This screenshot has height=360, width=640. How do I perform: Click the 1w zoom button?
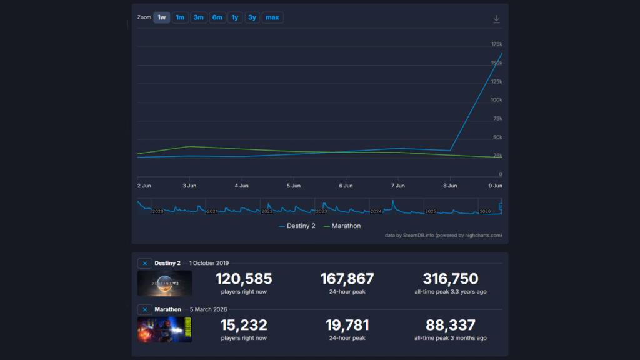point(162,17)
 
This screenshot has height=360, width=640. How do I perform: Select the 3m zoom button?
point(198,17)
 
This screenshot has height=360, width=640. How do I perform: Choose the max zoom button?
point(272,17)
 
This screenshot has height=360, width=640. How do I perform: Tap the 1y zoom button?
point(235,17)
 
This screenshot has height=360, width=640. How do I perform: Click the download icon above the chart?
point(496,19)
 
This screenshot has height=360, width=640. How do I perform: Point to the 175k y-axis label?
point(496,44)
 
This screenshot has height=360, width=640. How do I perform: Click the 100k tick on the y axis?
point(496,100)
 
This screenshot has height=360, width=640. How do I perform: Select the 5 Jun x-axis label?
point(294,186)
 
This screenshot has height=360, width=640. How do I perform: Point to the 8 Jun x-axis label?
point(450,186)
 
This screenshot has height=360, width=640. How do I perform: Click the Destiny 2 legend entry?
point(297,226)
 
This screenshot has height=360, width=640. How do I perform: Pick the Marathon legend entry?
point(342,226)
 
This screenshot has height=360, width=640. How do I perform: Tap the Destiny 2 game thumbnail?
point(164,283)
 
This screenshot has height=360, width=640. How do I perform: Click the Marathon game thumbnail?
point(164,330)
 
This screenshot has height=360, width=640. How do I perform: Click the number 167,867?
point(347,279)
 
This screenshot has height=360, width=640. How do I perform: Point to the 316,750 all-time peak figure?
point(451,279)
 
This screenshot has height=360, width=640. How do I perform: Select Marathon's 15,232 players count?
point(244,325)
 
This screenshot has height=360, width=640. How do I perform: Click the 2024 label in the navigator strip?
point(376,211)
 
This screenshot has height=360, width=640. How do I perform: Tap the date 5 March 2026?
point(208,309)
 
